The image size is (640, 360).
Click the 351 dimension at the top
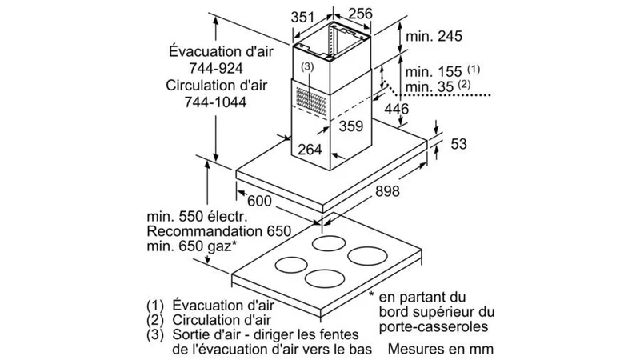pyautogui.click(x=302, y=17)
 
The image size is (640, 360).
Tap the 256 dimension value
pyautogui.click(x=361, y=14)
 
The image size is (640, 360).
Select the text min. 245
pyautogui.click(x=434, y=36)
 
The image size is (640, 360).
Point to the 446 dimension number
pyautogui.click(x=396, y=109)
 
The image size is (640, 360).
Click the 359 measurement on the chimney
pyautogui.click(x=351, y=126)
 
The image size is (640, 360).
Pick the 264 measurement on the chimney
pyautogui.click(x=310, y=150)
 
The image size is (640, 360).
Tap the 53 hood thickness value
pyautogui.click(x=458, y=144)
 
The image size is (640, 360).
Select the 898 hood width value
pyautogui.click(x=387, y=190)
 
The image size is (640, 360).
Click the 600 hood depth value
pyautogui.click(x=259, y=201)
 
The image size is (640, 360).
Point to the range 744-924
pyautogui.click(x=216, y=68)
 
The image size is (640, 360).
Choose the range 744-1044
pyautogui.click(x=215, y=102)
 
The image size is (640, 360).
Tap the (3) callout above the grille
pyautogui.click(x=307, y=66)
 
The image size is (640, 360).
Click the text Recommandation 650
pyautogui.click(x=218, y=231)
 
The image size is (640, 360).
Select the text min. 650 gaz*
pyautogui.click(x=192, y=246)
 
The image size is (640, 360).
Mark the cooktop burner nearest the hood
pyautogui.click(x=329, y=243)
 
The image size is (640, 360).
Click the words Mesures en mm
pyautogui.click(x=441, y=349)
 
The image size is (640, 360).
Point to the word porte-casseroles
pyautogui.click(x=434, y=327)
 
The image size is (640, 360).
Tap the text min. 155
pyautogui.click(x=434, y=72)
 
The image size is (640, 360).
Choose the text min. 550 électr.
pyautogui.click(x=197, y=216)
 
